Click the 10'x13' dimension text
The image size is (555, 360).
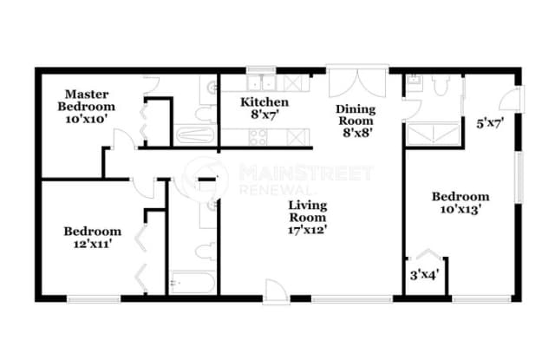tap(460, 209)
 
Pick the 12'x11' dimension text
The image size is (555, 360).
tap(93, 244)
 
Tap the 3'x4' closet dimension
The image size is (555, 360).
tap(424, 275)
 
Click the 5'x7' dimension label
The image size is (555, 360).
tap(490, 124)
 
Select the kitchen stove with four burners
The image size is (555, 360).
tap(258, 137)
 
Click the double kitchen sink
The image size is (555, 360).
tap(262, 83)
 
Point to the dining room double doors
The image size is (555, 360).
tap(357, 82)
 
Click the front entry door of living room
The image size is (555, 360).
tap(276, 292)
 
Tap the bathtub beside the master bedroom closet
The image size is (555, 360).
tap(195, 134)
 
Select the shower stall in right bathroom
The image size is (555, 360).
tap(434, 134)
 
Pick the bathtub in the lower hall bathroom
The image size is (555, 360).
tap(193, 283)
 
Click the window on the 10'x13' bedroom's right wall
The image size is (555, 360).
tap(519, 178)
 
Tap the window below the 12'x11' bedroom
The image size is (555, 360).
tap(94, 299)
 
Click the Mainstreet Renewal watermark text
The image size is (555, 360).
tap(306, 179)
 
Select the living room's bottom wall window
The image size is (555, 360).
tap(352, 299)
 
